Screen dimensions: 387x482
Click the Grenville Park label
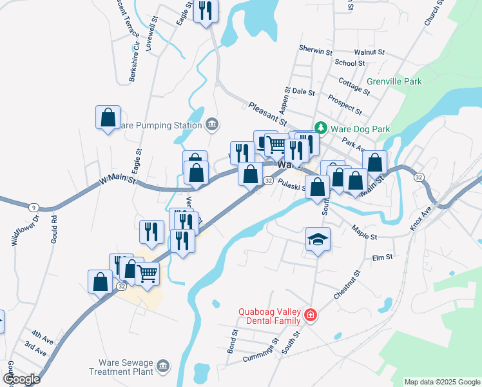point(394,82)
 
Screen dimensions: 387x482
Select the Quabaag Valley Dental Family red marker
point(311,315)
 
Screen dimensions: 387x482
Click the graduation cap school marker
point(318,240)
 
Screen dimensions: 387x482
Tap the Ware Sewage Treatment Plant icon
point(163,367)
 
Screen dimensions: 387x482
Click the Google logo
point(21,379)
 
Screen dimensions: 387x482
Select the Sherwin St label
point(316,50)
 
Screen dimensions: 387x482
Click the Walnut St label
point(369,52)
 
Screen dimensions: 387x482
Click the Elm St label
point(382,258)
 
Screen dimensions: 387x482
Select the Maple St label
point(364,232)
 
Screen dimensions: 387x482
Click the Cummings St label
point(261,350)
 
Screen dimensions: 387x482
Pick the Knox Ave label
point(421,219)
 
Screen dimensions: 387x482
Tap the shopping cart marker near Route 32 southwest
point(148,273)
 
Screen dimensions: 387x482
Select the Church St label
point(432,13)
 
